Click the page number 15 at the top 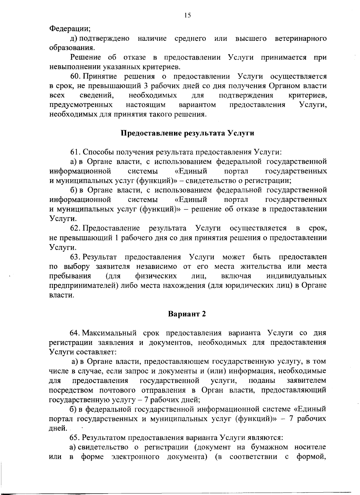pos(187,16)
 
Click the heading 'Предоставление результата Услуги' pos(187,133)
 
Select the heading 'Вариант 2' pos(187,314)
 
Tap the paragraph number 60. pos(74,76)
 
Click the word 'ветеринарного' pos(301,39)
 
